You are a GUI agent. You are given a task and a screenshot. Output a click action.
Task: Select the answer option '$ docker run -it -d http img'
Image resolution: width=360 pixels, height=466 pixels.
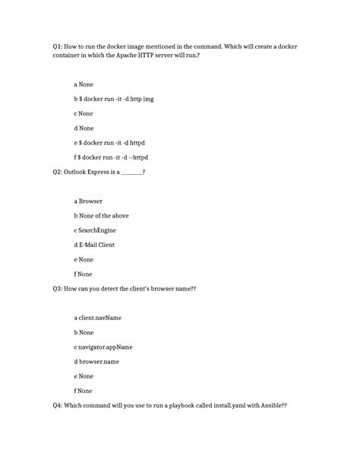click(x=112, y=100)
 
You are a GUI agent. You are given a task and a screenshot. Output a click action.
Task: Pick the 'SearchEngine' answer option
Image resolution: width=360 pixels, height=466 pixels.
click(x=98, y=230)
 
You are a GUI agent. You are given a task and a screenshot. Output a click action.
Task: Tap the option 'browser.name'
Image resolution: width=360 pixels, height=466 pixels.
click(x=99, y=361)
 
